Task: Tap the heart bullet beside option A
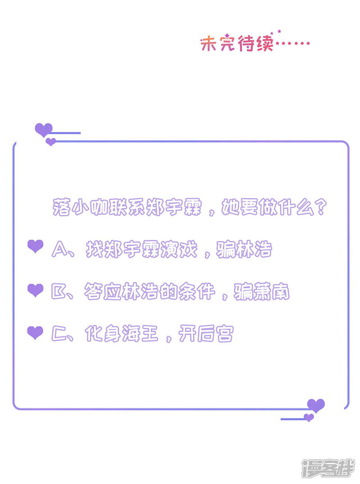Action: click(x=36, y=246)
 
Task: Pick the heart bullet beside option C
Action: click(x=36, y=333)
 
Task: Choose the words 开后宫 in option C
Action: click(x=205, y=335)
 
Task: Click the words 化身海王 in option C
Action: click(x=121, y=335)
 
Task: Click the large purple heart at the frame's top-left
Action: click(x=44, y=130)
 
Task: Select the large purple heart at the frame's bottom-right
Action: click(x=315, y=405)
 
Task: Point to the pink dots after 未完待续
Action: click(x=292, y=44)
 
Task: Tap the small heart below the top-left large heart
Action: click(x=51, y=142)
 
